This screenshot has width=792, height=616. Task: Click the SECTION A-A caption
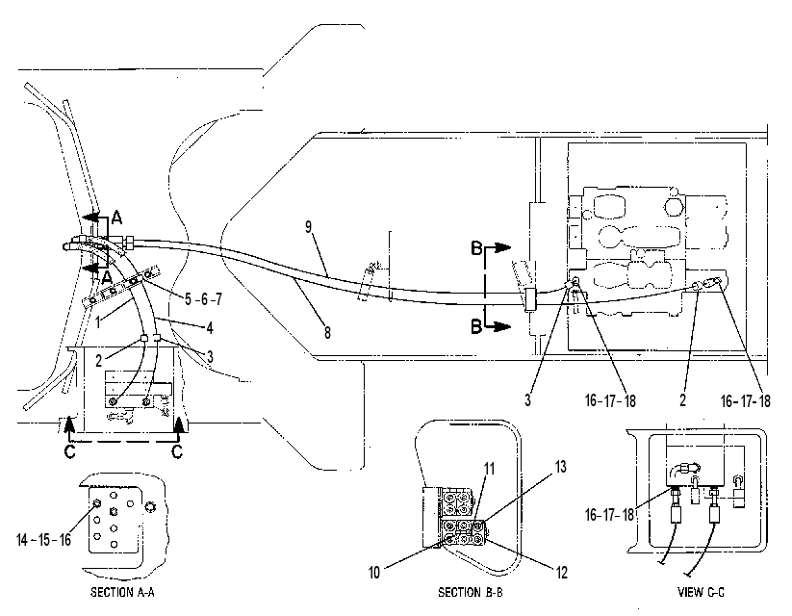pyautogui.click(x=122, y=592)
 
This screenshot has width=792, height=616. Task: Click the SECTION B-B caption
pyautogui.click(x=471, y=592)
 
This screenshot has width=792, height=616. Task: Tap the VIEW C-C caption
pyautogui.click(x=701, y=592)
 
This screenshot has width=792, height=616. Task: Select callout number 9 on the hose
pyautogui.click(x=309, y=227)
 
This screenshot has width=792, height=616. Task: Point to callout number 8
pyautogui.click(x=327, y=332)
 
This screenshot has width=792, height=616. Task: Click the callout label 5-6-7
pyautogui.click(x=203, y=299)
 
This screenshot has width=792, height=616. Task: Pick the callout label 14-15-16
pyautogui.click(x=44, y=540)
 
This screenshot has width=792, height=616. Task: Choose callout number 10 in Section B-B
pyautogui.click(x=374, y=573)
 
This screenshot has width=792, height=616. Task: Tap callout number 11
pyautogui.click(x=489, y=469)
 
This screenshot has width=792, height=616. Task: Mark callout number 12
pyautogui.click(x=562, y=573)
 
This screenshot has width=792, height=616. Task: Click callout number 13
pyautogui.click(x=561, y=467)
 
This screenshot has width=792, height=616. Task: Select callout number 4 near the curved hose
pyautogui.click(x=210, y=328)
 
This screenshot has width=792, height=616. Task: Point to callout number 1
pyautogui.click(x=98, y=321)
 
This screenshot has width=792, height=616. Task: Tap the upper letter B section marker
pyautogui.click(x=476, y=248)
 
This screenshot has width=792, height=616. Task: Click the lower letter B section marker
pyautogui.click(x=476, y=327)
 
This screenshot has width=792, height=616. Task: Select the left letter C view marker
pyautogui.click(x=70, y=450)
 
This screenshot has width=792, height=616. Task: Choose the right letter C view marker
pyautogui.click(x=177, y=450)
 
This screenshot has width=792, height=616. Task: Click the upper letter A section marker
pyautogui.click(x=116, y=218)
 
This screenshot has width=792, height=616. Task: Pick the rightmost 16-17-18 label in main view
pyautogui.click(x=746, y=401)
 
